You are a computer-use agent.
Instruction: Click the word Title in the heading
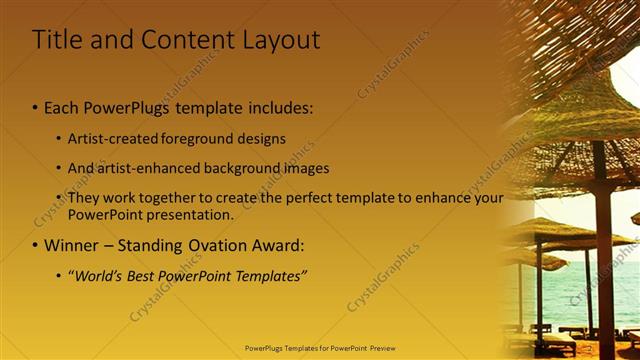tap(56, 40)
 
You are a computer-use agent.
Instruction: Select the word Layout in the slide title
tap(278, 41)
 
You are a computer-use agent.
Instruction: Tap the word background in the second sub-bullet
tap(246, 168)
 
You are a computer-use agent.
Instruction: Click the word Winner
tap(73, 245)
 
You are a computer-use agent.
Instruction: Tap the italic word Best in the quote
tap(143, 275)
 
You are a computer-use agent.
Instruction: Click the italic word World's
tap(97, 275)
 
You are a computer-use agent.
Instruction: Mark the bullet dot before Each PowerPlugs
tap(36, 108)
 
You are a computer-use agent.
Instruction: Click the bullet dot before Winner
tap(36, 245)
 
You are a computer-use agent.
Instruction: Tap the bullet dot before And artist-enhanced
tap(58, 168)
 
